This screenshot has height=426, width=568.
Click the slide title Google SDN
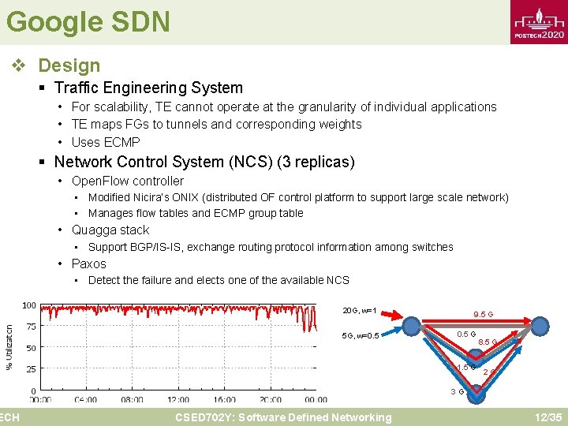[x=88, y=21]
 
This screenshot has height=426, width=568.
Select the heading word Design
[x=69, y=65]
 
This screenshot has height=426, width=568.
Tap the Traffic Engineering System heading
[x=148, y=88]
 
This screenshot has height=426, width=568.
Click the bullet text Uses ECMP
[x=106, y=142]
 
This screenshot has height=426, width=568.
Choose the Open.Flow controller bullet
[x=128, y=181]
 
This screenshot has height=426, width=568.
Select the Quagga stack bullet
[x=110, y=230]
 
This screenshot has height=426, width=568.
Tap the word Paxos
[x=88, y=263]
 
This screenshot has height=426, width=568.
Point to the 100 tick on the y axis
[x=28, y=305]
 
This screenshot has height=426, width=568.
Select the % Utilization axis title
[x=9, y=347]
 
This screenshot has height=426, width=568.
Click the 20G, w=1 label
[x=360, y=310]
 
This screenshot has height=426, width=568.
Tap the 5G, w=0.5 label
[x=361, y=335]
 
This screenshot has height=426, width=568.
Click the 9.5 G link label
[x=483, y=314]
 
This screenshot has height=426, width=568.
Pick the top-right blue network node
[x=540, y=324]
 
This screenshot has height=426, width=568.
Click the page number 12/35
[x=547, y=417]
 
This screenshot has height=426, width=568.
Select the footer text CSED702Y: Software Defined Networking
[x=283, y=417]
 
